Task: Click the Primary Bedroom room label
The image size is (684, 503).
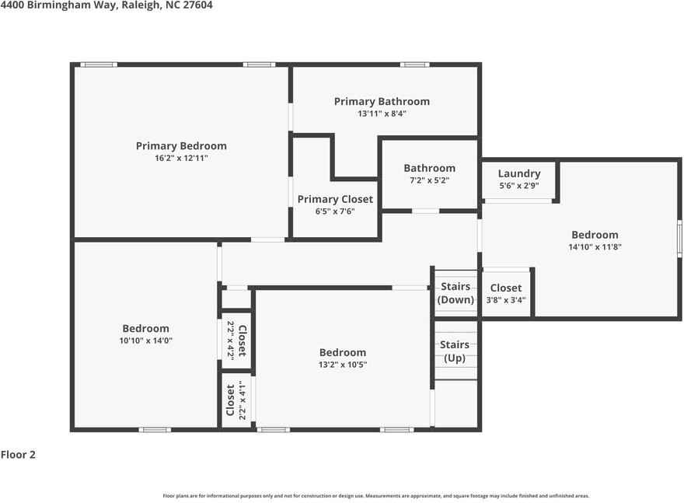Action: [x=181, y=145]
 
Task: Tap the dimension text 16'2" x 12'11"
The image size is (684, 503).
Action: [x=181, y=158]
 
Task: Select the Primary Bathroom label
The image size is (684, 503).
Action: [x=382, y=101]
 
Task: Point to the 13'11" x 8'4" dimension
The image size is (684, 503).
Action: [x=382, y=114]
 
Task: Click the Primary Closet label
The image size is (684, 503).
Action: [x=335, y=199]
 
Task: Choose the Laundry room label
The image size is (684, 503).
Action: [x=519, y=173]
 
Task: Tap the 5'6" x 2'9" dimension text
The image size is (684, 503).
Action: [x=519, y=186]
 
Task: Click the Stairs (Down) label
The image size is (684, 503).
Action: [x=455, y=293]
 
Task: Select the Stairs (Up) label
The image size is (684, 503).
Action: [x=455, y=351]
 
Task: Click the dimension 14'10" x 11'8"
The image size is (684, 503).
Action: [x=595, y=247]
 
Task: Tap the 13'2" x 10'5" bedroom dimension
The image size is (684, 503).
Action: [x=342, y=364]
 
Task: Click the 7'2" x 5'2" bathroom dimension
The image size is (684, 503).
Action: [x=429, y=180]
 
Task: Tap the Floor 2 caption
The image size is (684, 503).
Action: [x=18, y=455]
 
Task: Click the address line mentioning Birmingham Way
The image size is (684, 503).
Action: [x=106, y=5]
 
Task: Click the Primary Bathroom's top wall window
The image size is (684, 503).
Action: [x=414, y=65]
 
